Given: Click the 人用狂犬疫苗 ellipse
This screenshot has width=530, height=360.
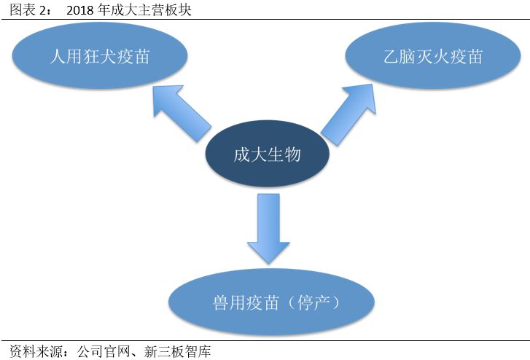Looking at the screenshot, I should tap(99, 57).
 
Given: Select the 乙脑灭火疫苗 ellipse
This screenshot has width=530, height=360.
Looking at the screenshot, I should tap(432, 57).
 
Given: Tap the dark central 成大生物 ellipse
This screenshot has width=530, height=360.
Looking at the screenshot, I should tap(267, 154).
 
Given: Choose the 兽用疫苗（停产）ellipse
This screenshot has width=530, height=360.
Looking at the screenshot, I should tap(271, 301).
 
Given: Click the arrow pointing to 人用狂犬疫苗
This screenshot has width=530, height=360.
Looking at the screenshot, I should tap(179, 114).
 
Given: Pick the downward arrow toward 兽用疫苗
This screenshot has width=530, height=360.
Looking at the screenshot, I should tap(268, 226).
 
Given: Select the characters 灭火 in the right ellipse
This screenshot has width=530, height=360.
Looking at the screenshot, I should tap(432, 57).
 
